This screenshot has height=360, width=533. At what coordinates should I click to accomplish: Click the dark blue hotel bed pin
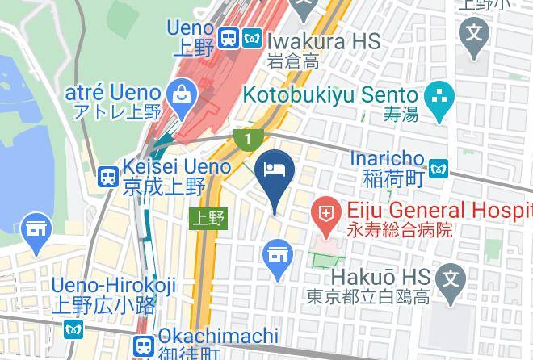[x=275, y=170]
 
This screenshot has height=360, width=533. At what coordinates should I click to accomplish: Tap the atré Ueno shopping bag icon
[x=181, y=95]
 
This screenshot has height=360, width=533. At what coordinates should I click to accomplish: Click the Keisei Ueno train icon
[x=107, y=178]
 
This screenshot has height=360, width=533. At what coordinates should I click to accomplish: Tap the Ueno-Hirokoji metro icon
[x=73, y=329]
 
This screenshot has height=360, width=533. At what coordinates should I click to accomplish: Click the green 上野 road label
[x=208, y=217]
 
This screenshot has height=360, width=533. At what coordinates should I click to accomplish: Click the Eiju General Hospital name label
[x=436, y=211]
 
